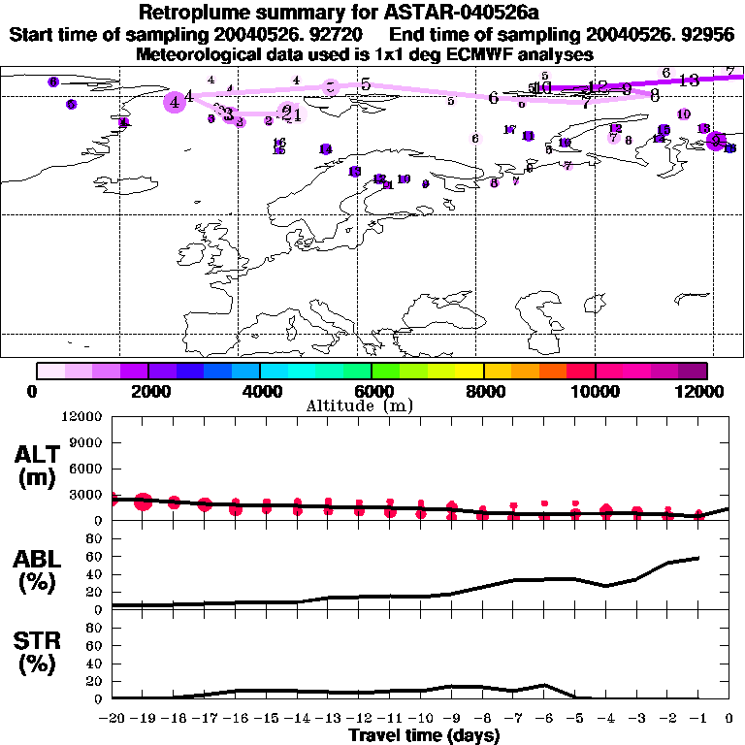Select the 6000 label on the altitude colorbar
click(372, 391)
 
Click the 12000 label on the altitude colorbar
click(701, 391)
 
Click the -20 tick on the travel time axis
click(113, 719)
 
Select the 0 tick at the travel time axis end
click(729, 719)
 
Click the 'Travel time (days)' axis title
click(424, 735)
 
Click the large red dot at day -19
click(143, 502)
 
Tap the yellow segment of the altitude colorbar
click(470, 371)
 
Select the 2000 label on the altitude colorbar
click(148, 391)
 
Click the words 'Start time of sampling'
click(87, 34)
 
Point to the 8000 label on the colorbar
click(483, 391)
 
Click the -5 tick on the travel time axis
click(575, 719)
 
